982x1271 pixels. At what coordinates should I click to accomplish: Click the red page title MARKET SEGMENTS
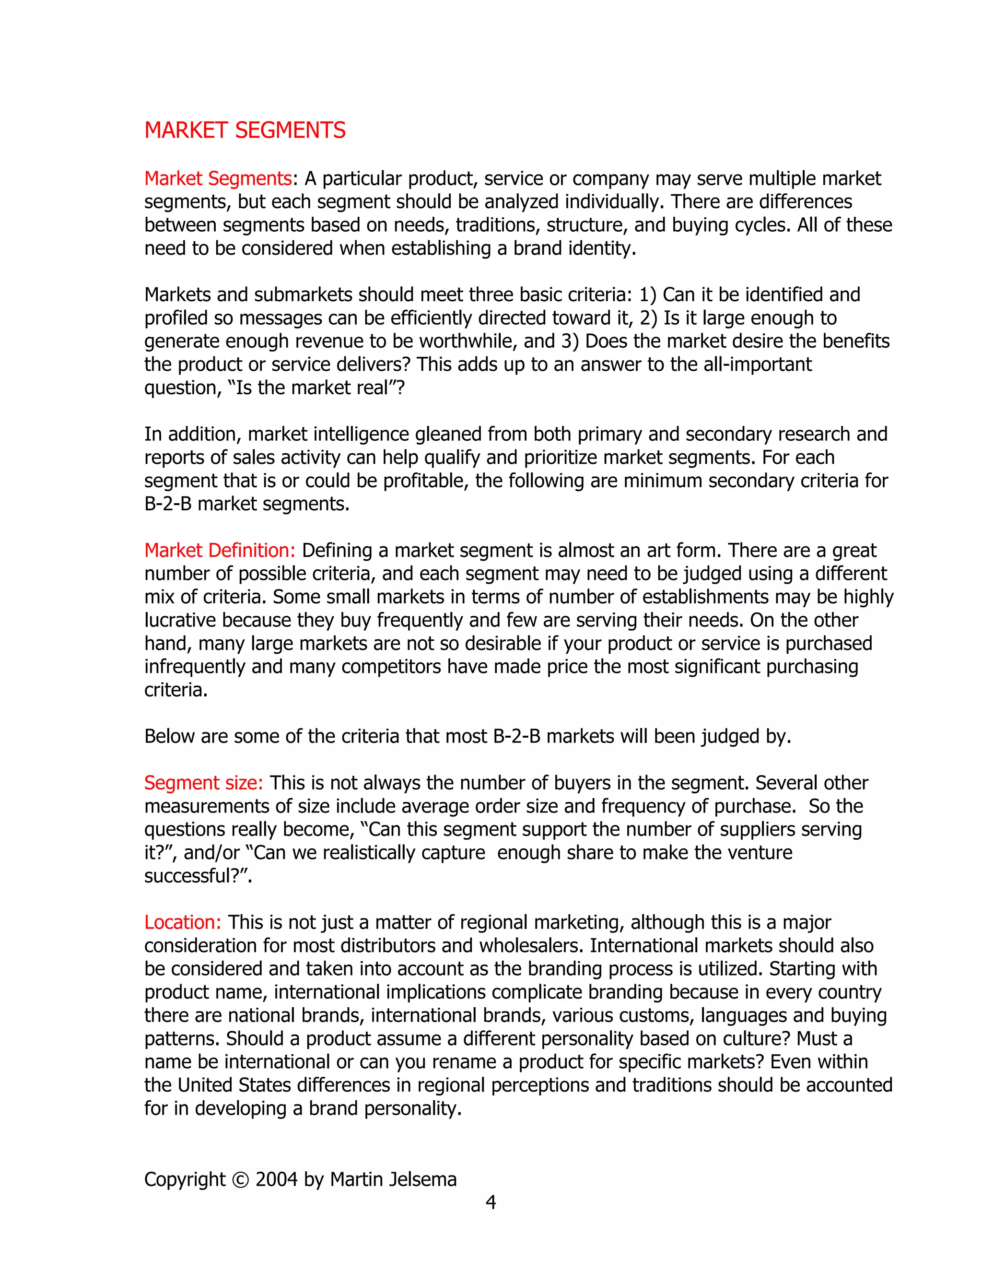(x=245, y=130)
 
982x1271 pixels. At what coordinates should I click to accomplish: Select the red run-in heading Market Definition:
(x=220, y=551)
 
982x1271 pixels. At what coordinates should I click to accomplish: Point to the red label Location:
(x=183, y=922)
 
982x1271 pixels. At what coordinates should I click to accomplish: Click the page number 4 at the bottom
(x=491, y=1202)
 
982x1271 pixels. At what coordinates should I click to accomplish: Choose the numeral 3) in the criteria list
(x=570, y=341)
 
